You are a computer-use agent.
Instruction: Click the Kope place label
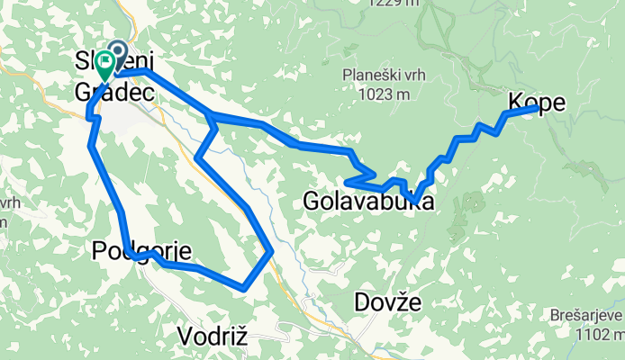[x=539, y=103]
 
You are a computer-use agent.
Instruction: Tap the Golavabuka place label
[x=367, y=202]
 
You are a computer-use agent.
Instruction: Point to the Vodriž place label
[x=213, y=337]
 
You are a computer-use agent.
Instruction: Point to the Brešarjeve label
[x=586, y=315]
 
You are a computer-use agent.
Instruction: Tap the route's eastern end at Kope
[x=538, y=108]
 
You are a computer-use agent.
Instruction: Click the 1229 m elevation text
[x=394, y=3]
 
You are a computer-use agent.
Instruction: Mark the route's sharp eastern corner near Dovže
[x=271, y=253]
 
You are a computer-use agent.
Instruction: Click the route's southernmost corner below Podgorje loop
[x=243, y=288]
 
